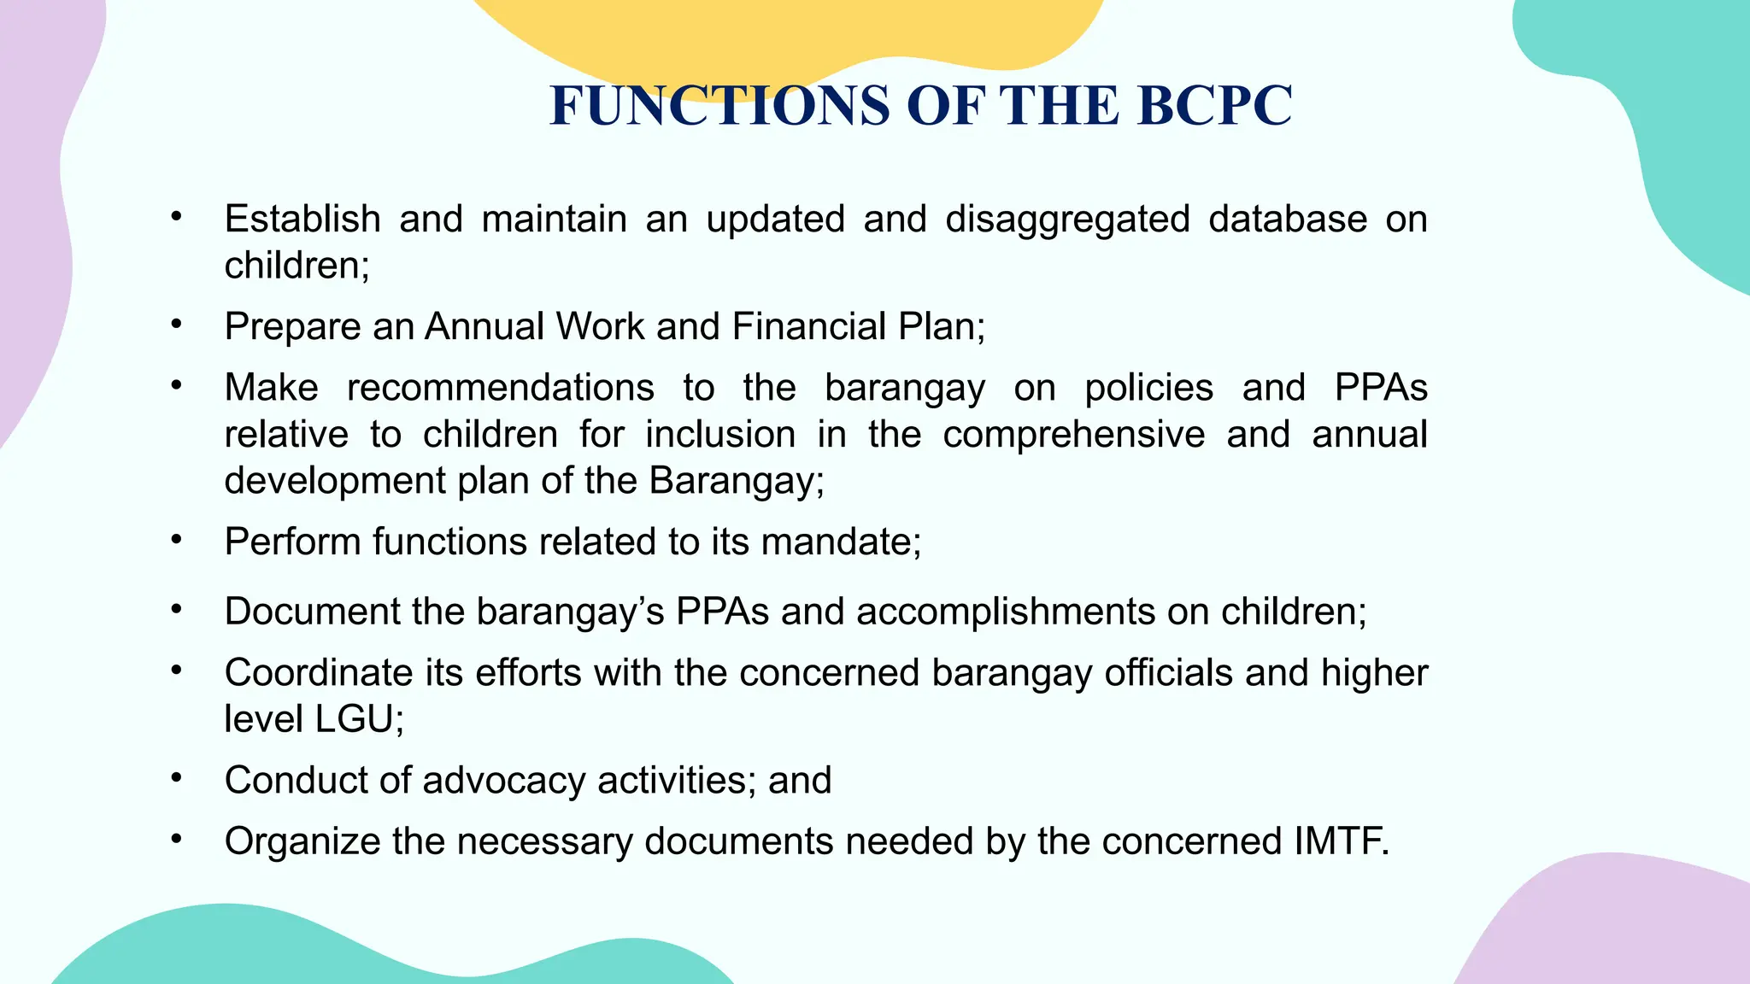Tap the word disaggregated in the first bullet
click(1067, 220)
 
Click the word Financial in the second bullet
click(809, 327)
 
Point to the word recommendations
click(500, 389)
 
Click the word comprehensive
click(1073, 435)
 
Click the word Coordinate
click(319, 673)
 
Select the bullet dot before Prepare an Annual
click(176, 325)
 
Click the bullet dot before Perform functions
click(176, 540)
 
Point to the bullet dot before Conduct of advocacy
click(176, 778)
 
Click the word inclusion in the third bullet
click(719, 435)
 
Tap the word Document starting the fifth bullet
click(312, 612)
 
